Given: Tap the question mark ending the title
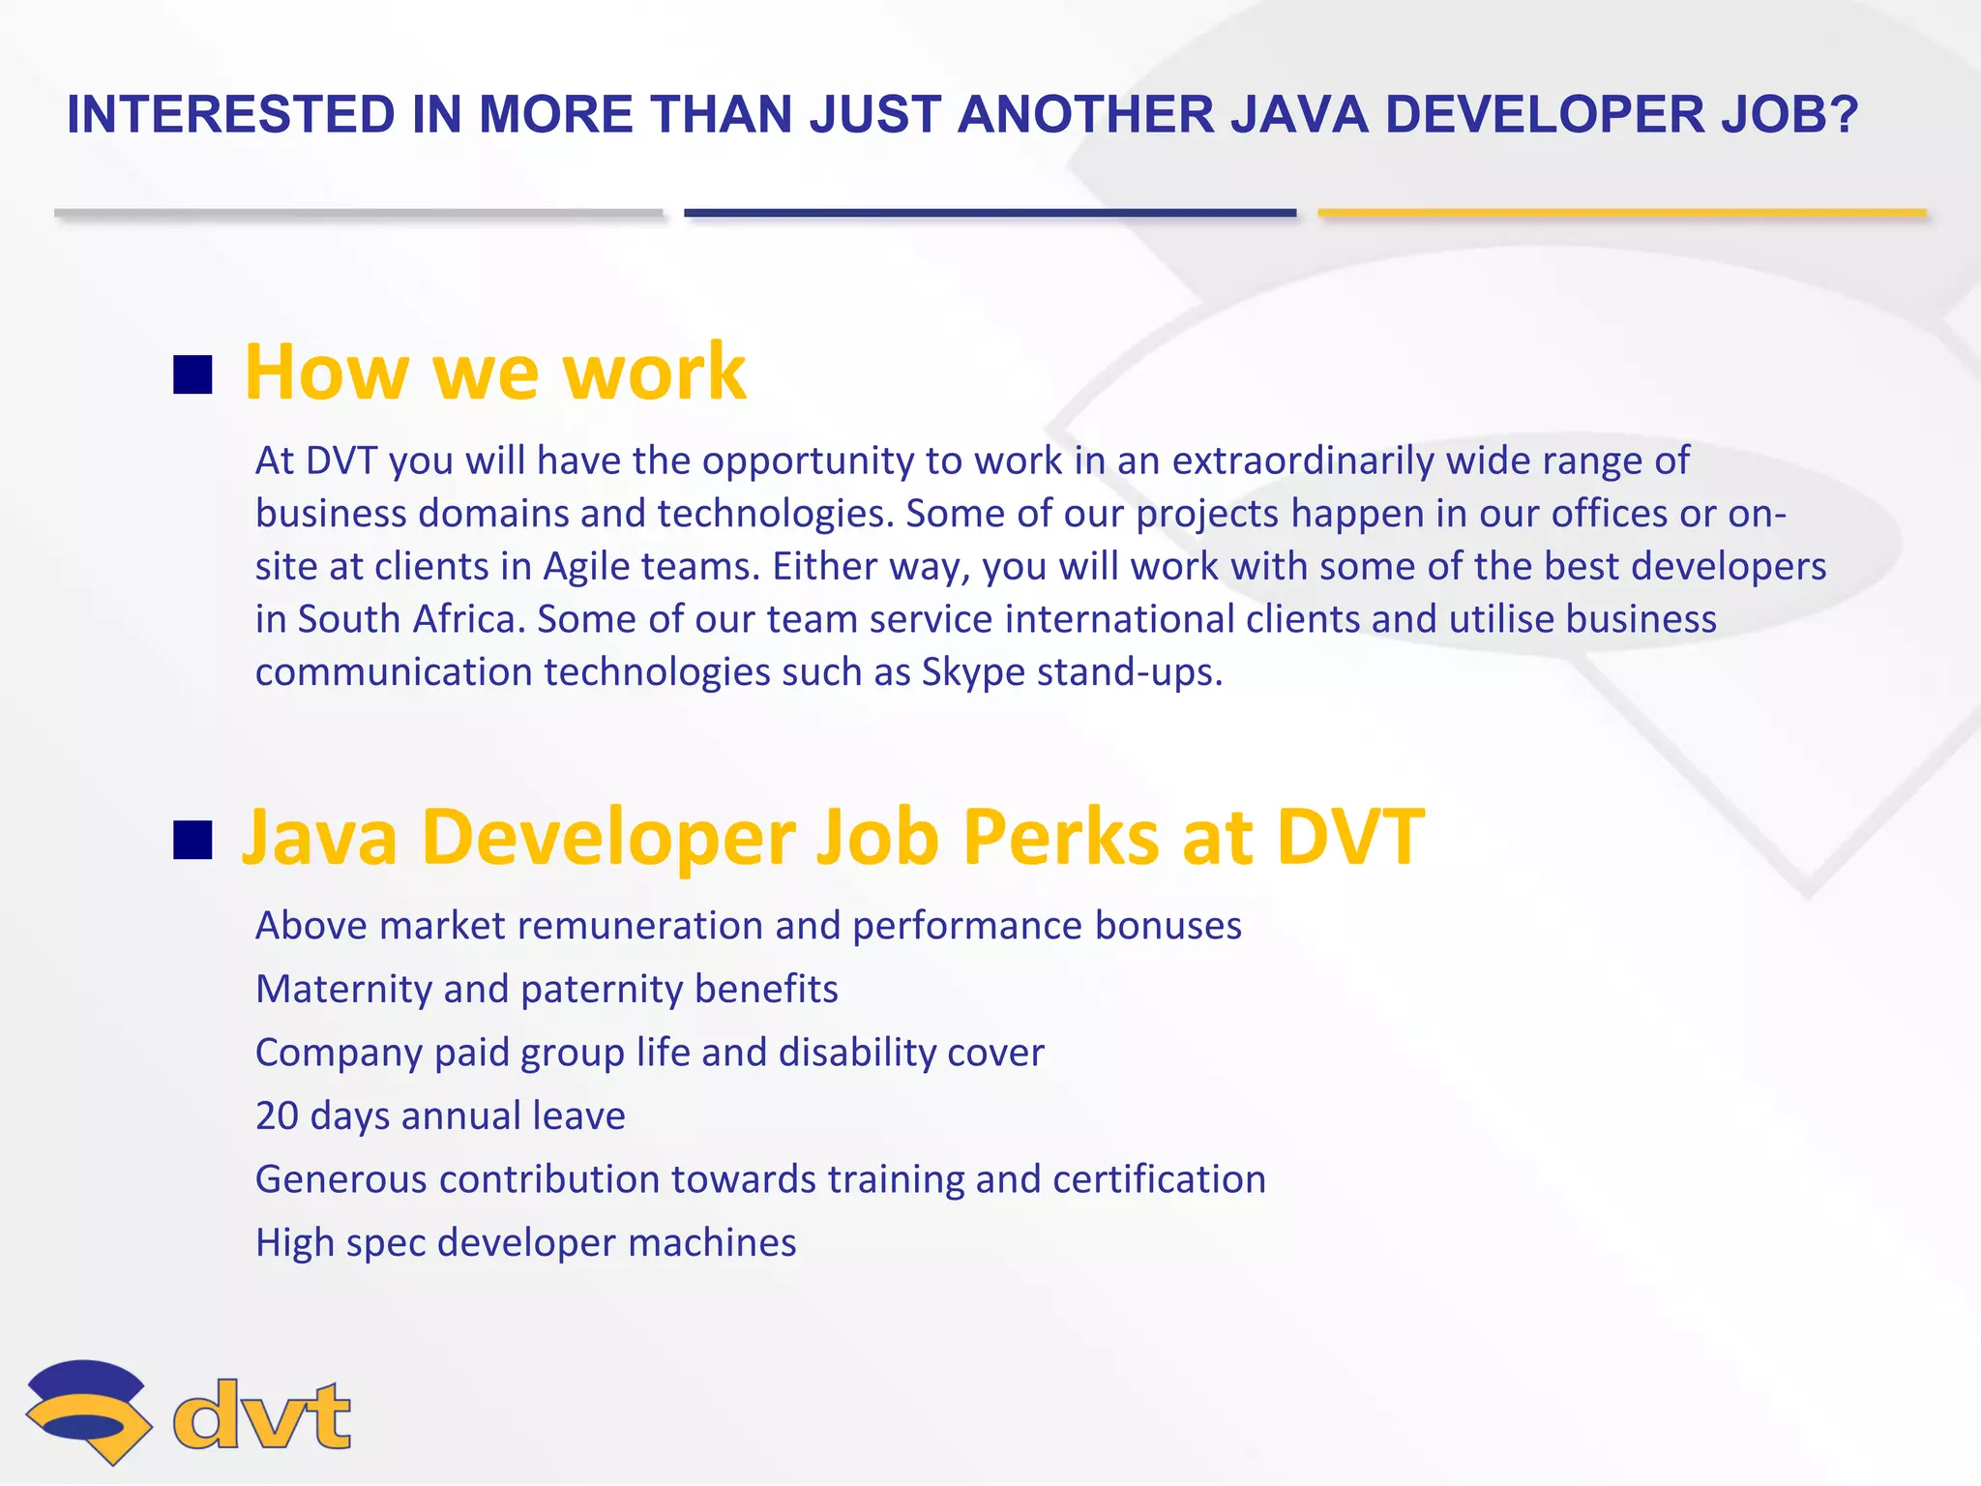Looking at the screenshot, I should click(x=1843, y=115).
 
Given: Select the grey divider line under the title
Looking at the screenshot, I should click(x=358, y=213).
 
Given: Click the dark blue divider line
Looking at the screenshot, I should click(x=990, y=213).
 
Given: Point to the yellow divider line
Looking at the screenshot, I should click(x=1622, y=213).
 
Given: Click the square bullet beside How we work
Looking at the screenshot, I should click(x=192, y=375).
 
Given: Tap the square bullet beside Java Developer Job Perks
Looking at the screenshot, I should click(x=192, y=840).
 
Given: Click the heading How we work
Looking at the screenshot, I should click(x=494, y=371).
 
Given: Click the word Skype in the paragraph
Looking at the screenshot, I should click(x=972, y=672).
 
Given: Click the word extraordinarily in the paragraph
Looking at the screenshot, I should click(x=1303, y=461).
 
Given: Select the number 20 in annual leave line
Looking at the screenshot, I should click(x=277, y=1116).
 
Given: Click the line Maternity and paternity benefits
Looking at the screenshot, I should click(x=547, y=990).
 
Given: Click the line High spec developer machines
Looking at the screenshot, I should click(x=525, y=1243).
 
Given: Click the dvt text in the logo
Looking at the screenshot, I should click(x=261, y=1415).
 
